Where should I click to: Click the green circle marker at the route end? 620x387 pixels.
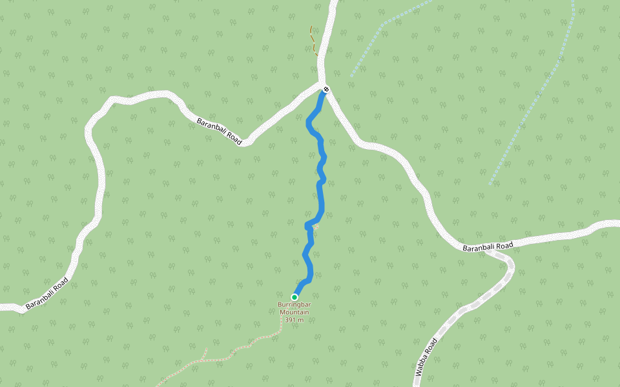(294, 297)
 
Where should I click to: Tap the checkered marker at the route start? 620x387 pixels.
(327, 89)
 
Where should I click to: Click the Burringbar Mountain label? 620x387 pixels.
(294, 308)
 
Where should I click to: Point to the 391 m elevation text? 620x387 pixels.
(294, 319)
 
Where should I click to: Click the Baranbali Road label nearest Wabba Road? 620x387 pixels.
(488, 246)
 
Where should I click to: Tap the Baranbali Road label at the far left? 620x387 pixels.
(46, 293)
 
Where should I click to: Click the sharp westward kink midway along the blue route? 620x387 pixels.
(307, 225)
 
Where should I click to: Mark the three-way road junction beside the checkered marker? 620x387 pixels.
(323, 86)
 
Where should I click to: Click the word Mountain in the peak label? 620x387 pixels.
(294, 312)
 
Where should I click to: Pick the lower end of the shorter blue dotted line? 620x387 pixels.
(351, 76)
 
